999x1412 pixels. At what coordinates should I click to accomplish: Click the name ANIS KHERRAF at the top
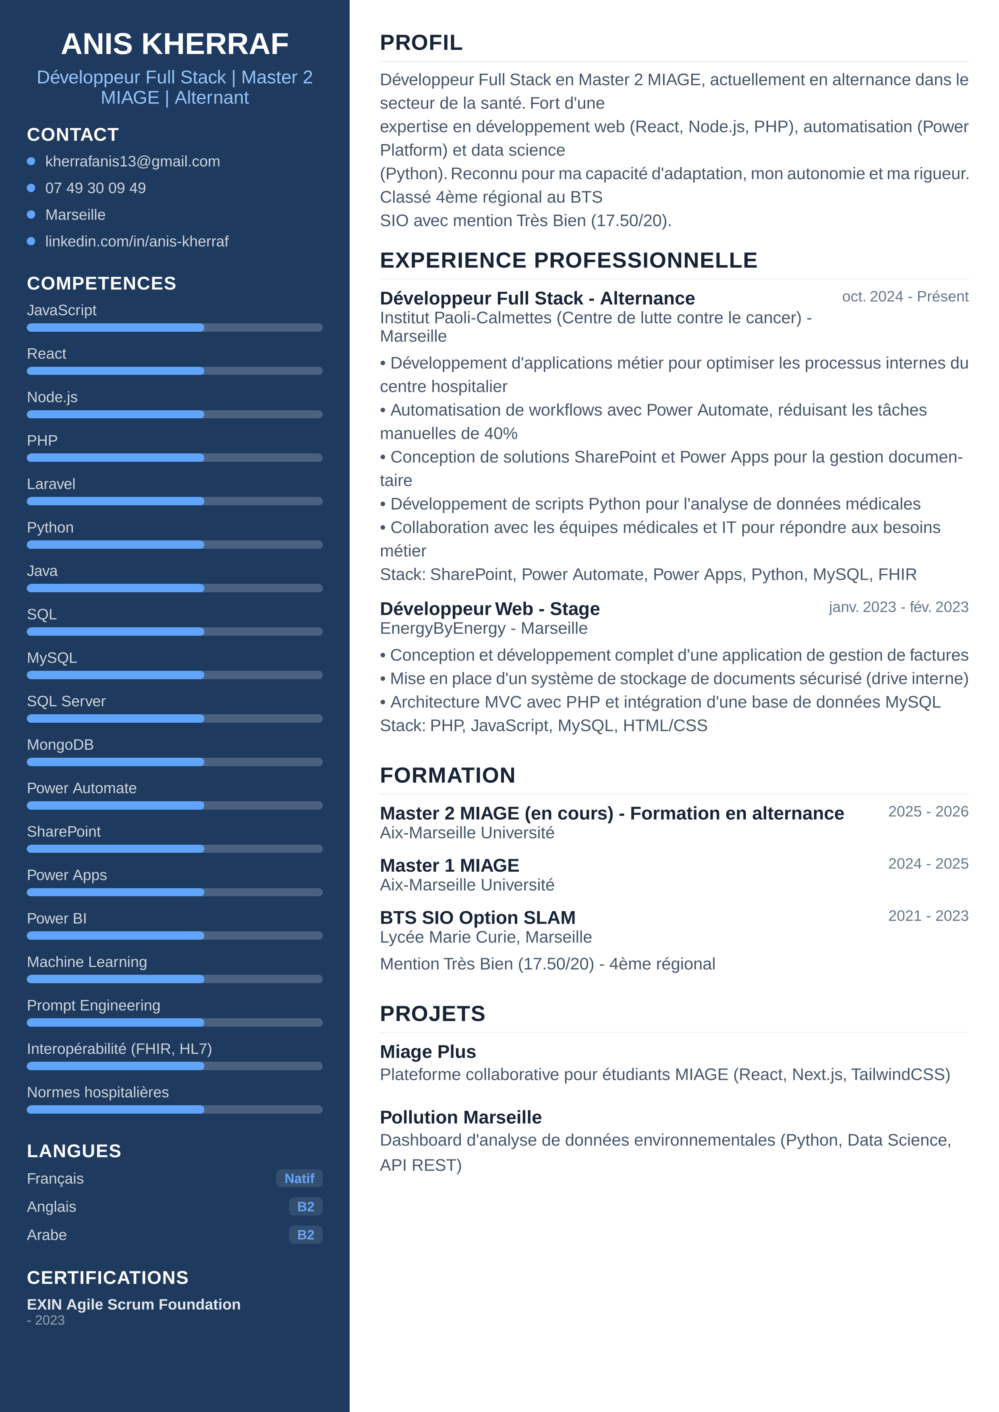(175, 43)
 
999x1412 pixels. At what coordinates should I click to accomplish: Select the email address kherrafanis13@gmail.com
(132, 161)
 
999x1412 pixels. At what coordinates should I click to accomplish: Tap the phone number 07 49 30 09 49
(95, 188)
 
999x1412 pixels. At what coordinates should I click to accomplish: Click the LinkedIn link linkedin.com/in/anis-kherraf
(137, 242)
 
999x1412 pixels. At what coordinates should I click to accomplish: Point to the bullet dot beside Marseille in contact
(31, 215)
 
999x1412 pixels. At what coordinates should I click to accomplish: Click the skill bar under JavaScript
(175, 328)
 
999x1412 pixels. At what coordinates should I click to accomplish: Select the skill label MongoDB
(60, 745)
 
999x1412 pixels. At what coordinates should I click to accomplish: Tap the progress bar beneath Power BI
(175, 935)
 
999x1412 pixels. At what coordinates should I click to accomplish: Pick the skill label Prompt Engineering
(93, 1005)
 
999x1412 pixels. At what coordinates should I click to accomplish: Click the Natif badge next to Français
(299, 1178)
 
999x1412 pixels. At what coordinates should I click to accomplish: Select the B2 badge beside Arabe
(305, 1235)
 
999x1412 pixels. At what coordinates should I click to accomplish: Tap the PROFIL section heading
(421, 43)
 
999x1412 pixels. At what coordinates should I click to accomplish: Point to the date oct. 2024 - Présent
(905, 296)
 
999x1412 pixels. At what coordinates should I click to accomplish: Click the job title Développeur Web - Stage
(490, 609)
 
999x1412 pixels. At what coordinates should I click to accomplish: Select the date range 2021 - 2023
(928, 916)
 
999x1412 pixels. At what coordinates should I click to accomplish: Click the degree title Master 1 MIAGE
(449, 865)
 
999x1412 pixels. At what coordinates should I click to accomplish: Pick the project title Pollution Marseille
(461, 1117)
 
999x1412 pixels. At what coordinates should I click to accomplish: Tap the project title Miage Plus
(427, 1052)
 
